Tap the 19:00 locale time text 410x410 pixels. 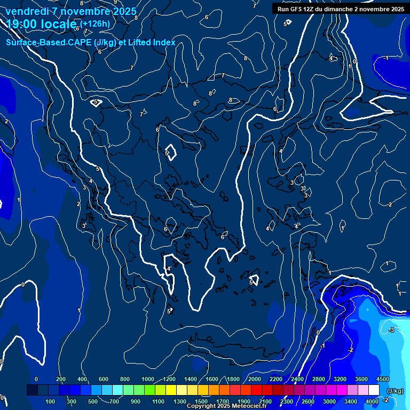(41, 24)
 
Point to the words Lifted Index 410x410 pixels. (152, 42)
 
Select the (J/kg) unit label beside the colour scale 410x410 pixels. (395, 391)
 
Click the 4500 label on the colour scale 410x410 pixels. (382, 379)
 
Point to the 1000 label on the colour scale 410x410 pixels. (148, 379)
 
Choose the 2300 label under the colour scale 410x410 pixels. (287, 401)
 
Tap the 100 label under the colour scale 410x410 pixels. (51, 401)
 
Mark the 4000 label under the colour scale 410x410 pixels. (372, 401)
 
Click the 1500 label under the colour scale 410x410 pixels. (201, 401)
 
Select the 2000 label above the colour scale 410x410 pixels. (255, 379)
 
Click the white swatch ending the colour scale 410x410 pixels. (374, 391)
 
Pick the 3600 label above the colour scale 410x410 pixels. (361, 379)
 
